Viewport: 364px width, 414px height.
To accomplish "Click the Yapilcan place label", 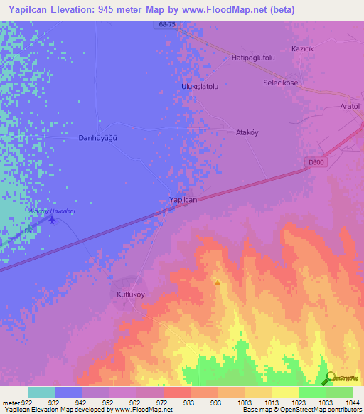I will [183, 200].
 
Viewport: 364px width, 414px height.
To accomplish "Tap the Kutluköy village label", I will [130, 293].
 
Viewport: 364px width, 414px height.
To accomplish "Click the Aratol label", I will [350, 106].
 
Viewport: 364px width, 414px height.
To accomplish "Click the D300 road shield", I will [315, 162].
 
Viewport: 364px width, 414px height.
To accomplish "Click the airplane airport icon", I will [51, 219].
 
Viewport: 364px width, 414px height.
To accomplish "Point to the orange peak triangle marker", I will [217, 282].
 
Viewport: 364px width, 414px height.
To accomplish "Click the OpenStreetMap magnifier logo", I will [329, 378].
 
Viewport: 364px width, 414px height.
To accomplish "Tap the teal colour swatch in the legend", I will [42, 392].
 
